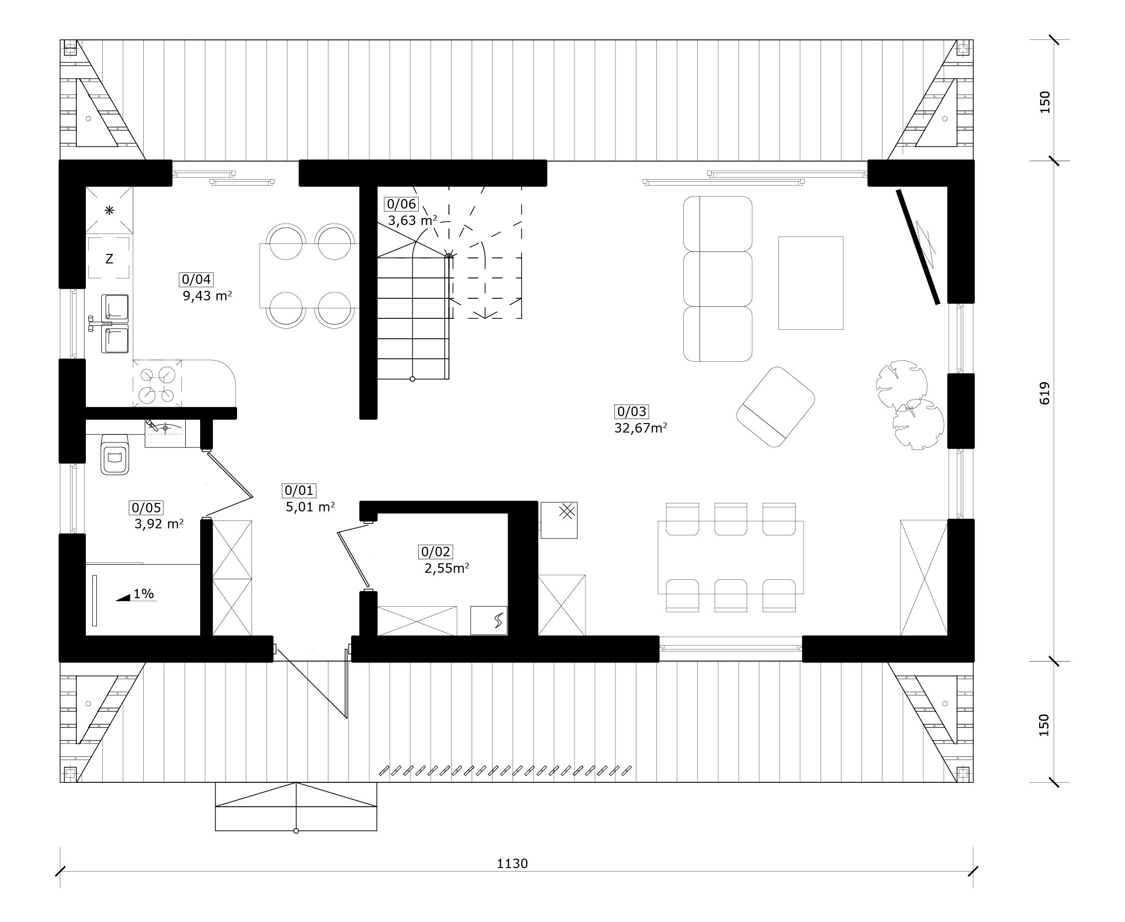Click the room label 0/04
coord(197,279)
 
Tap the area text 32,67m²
coord(640,428)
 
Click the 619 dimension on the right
coord(1044,393)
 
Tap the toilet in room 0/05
coord(115,455)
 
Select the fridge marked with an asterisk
coord(109,210)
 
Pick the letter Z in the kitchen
coord(109,258)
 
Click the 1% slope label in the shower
coord(143,594)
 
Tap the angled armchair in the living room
coord(776,407)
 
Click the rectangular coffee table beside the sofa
coord(811,283)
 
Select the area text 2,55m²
coord(447,568)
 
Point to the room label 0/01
coord(299,490)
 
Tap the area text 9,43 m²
coord(207,296)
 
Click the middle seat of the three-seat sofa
coord(718,279)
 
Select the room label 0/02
coord(436,552)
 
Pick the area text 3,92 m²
coord(159,524)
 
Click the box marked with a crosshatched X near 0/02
coord(560,520)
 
